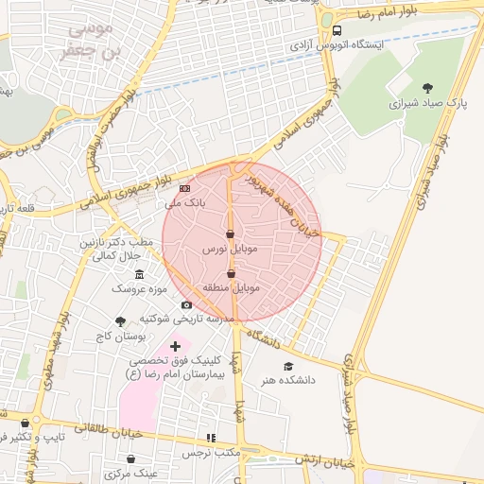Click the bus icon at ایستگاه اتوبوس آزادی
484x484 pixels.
[x=337, y=29]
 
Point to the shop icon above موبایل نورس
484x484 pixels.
[x=230, y=234]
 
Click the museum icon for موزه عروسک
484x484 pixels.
[x=140, y=274]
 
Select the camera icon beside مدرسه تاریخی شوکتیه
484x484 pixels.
[x=186, y=304]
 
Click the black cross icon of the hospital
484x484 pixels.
[x=174, y=347]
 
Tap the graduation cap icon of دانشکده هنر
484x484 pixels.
[x=288, y=366]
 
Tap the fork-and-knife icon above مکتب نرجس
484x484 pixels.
[x=211, y=438]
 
